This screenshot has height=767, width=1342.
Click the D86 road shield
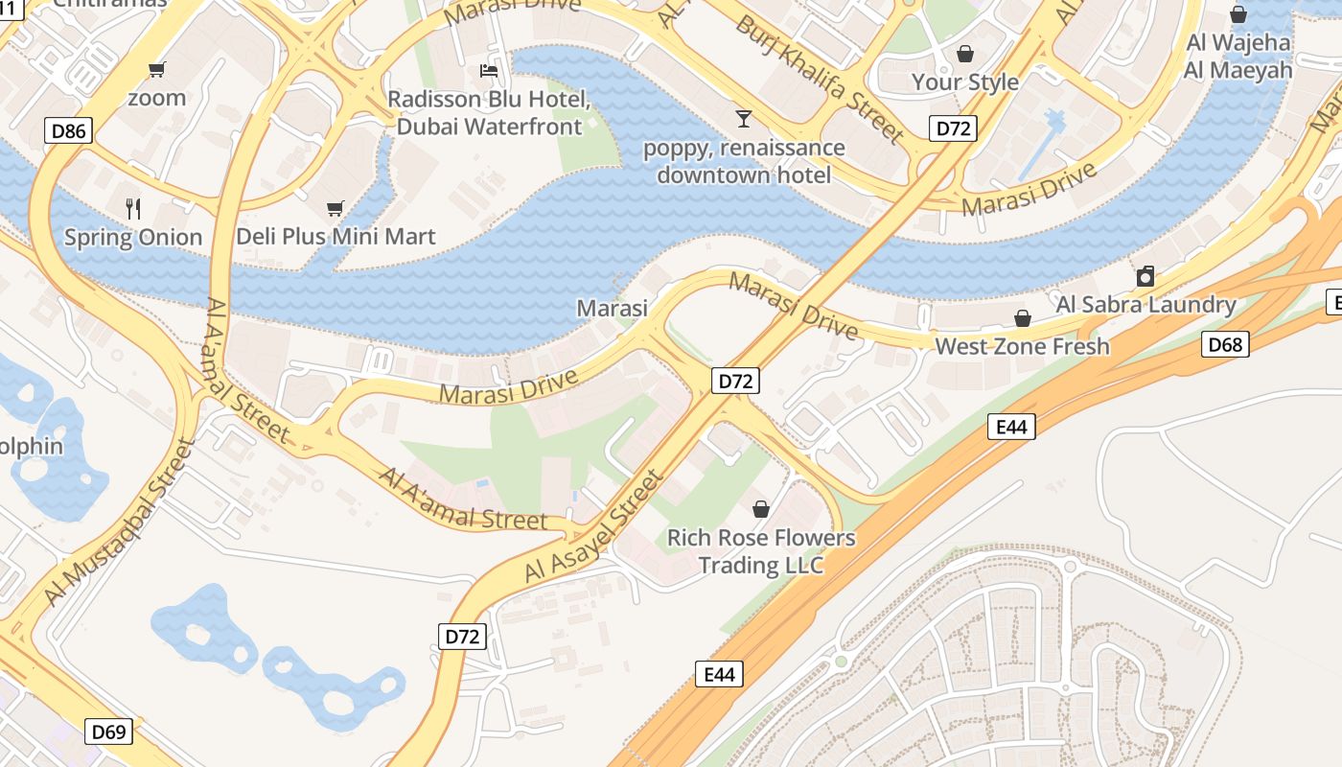click(68, 130)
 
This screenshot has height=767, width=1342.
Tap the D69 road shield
click(108, 732)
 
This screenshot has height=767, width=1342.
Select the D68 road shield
click(1225, 344)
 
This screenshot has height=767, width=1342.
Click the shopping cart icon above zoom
click(156, 69)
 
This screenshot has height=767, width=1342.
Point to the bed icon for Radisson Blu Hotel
click(489, 71)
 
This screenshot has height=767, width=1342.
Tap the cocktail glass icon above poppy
click(743, 119)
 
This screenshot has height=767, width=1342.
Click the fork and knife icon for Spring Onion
click(133, 208)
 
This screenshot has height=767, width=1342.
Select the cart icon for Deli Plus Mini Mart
click(335, 208)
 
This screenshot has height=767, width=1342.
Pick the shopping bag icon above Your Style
click(965, 54)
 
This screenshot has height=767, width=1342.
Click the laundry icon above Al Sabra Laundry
click(1145, 277)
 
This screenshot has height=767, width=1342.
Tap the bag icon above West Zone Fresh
click(1023, 318)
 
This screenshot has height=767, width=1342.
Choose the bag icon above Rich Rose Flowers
click(761, 509)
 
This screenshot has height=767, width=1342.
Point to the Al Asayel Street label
click(593, 526)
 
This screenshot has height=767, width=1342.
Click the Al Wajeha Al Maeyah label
click(1238, 56)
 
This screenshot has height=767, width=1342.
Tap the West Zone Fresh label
click(1022, 346)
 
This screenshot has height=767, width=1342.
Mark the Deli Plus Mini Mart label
click(335, 236)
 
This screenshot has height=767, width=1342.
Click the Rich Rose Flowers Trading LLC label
click(761, 551)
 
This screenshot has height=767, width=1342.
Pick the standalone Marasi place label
click(612, 308)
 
